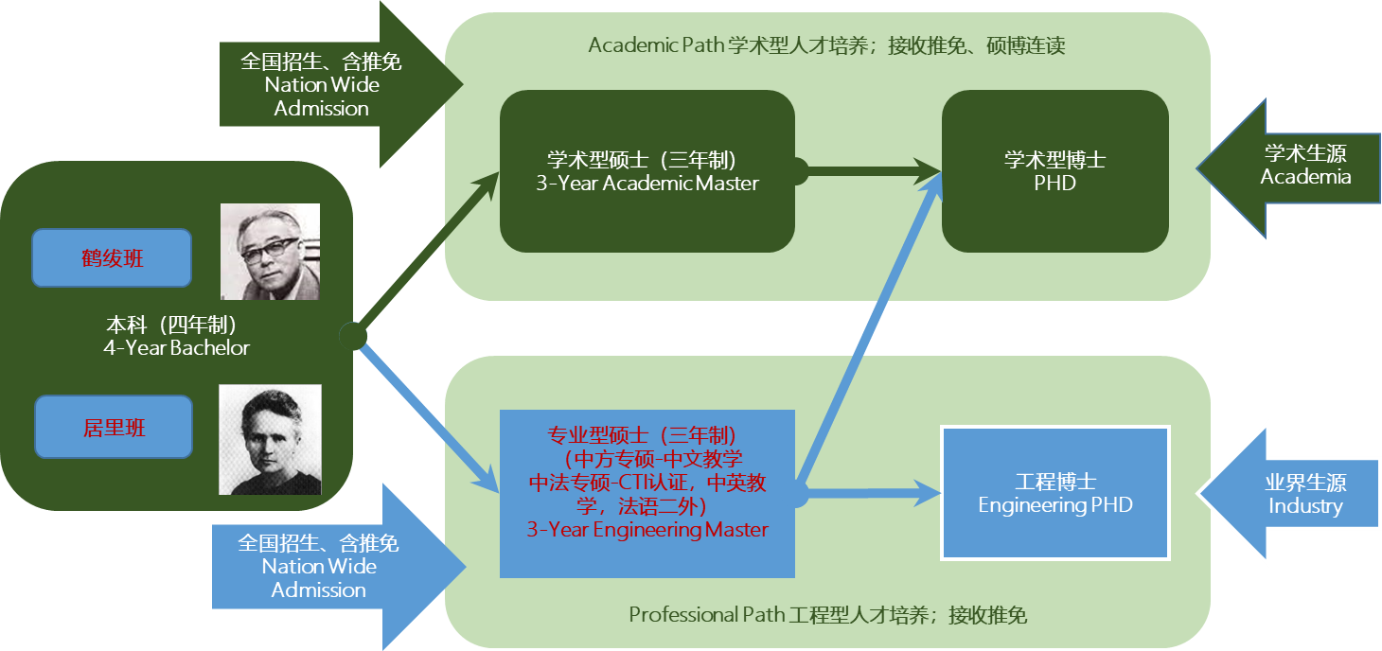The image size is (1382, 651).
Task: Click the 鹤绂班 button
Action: (x=112, y=257)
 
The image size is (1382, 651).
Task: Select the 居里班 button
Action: (x=114, y=428)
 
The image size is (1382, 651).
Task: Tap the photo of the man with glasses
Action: (x=270, y=252)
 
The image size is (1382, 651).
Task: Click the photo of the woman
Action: (x=270, y=439)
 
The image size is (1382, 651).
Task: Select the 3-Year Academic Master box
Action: (x=647, y=171)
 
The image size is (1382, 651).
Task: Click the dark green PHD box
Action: (x=1054, y=171)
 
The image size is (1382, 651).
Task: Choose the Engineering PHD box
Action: (x=1054, y=492)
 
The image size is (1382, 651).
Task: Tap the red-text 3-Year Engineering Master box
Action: (x=647, y=493)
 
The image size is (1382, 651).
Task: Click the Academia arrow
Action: (x=1293, y=167)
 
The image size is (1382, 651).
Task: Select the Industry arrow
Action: (x=1293, y=493)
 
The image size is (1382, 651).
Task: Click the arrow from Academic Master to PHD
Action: (x=871, y=171)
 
